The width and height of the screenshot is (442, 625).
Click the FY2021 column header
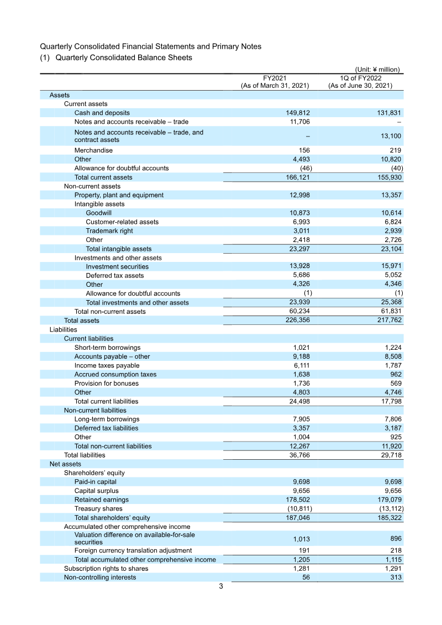(275, 82)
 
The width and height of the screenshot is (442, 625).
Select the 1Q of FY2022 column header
(360, 82)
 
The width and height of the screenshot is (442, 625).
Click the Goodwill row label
(98, 213)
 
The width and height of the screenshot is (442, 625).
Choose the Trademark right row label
(109, 231)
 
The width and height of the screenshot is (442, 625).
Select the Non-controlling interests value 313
(395, 577)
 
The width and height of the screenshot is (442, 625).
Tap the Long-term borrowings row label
(107, 419)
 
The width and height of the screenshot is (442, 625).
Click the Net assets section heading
(65, 464)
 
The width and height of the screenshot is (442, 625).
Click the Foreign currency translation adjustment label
(133, 551)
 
